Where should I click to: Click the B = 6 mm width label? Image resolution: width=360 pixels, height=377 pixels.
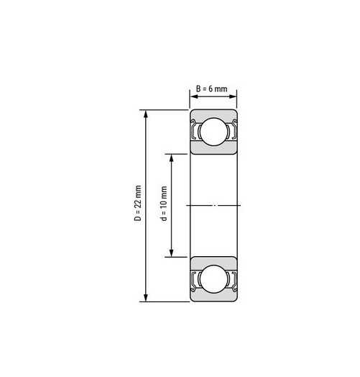coord(211,88)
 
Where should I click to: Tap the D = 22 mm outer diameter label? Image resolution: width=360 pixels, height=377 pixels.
coord(138,203)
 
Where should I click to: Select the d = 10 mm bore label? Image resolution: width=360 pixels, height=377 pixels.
coord(164,203)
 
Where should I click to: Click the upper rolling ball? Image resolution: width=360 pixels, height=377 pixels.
coord(213,132)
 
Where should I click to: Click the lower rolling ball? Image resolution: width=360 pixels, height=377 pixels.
coord(213,279)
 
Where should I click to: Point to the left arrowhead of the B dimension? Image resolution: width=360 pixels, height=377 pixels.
coord(193,96)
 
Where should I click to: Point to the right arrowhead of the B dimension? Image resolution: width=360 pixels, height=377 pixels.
coord(233,96)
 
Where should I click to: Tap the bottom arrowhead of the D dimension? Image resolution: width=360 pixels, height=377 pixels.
coord(146,298)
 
